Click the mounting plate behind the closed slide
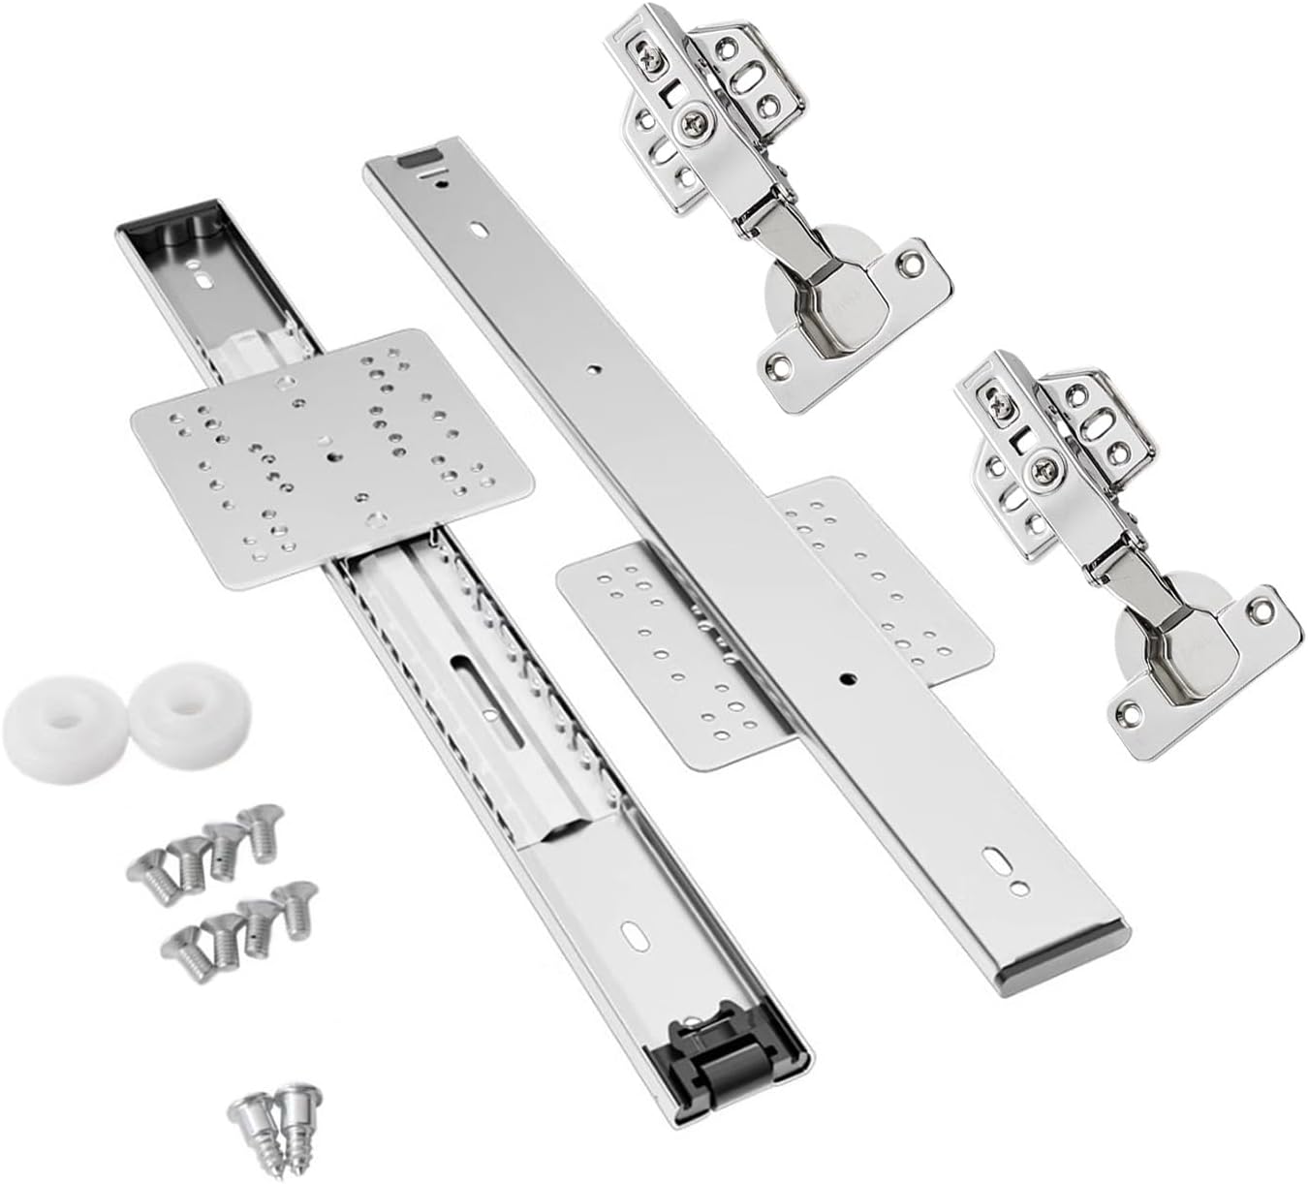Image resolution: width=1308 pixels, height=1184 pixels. point(775,620)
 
